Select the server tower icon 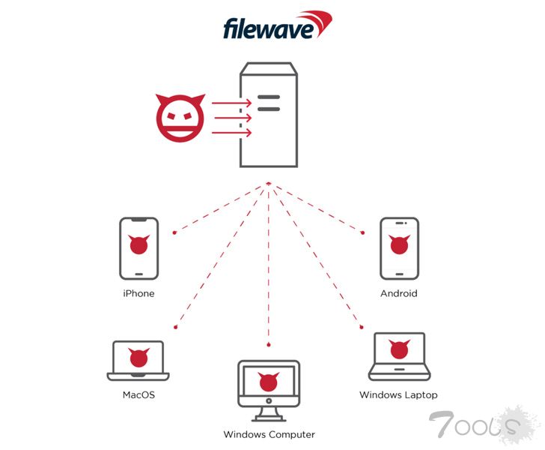click(x=269, y=115)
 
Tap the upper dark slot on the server click(x=269, y=97)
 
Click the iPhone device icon click(x=138, y=248)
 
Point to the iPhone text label click(x=138, y=293)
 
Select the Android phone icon click(x=399, y=248)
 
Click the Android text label click(x=398, y=293)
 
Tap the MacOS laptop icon click(x=138, y=361)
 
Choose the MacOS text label click(x=138, y=394)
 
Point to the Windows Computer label click(x=269, y=434)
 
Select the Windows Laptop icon click(x=398, y=355)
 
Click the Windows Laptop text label click(x=398, y=394)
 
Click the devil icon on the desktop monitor click(x=269, y=381)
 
